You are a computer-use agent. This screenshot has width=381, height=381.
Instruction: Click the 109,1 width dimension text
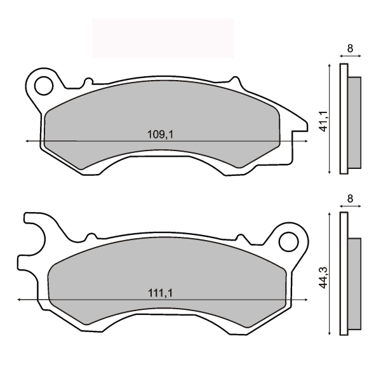pos(160,134)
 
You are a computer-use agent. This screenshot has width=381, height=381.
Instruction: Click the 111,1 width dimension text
pos(160,293)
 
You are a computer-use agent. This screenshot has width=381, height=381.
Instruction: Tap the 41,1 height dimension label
pos(323,121)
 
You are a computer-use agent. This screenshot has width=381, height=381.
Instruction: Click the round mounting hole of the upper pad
pos(44,84)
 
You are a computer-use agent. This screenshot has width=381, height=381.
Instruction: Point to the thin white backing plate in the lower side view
pos(344,274)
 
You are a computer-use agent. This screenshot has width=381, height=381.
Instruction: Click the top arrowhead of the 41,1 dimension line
pos(330,66)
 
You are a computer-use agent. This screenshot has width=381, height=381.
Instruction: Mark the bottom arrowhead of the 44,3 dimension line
pos(330,334)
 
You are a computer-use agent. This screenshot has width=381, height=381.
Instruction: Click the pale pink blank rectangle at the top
pos(163,38)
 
